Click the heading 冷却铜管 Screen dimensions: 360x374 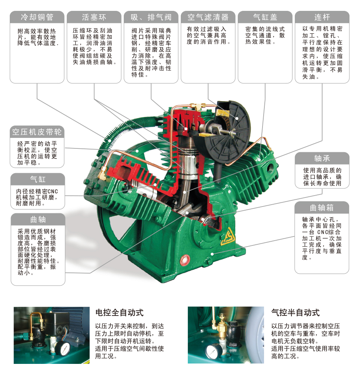(37, 17)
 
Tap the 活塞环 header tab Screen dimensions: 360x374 (94, 17)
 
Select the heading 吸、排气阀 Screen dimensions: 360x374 (151, 17)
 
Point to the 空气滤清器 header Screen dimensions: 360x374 (208, 17)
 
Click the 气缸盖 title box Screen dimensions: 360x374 (265, 17)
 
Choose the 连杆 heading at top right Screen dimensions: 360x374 (322, 17)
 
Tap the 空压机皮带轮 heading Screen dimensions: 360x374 (37, 132)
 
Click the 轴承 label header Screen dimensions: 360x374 (322, 159)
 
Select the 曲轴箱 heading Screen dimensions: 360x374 (322, 208)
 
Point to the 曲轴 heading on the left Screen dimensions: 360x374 (38, 220)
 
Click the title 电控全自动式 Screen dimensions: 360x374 (119, 313)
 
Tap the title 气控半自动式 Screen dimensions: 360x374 (295, 313)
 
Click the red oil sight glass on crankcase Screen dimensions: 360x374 (185, 259)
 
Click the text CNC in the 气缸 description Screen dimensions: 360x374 (53, 191)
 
